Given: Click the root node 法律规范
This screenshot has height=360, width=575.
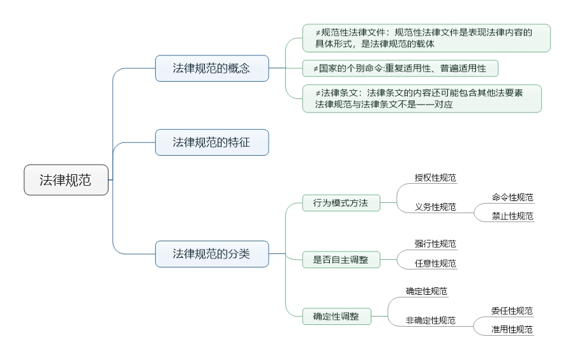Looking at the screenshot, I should (66, 180).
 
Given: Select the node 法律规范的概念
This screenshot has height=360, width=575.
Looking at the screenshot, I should (212, 68).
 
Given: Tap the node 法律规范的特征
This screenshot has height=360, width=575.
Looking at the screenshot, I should (212, 142).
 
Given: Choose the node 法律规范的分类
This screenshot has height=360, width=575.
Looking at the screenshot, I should (212, 254).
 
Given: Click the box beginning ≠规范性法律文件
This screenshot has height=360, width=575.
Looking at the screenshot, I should (426, 38).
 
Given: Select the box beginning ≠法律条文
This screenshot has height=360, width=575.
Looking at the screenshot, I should (421, 99).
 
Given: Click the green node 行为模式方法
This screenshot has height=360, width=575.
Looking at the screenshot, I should (340, 204).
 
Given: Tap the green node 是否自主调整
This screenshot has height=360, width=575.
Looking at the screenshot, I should (340, 260).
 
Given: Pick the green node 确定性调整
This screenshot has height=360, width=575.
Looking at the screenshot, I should (336, 316).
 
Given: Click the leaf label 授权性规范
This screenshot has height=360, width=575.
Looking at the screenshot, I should (435, 178).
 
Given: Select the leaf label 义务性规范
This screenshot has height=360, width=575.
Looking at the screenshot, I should (435, 207).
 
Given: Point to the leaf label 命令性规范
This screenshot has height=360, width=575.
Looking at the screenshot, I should (512, 198).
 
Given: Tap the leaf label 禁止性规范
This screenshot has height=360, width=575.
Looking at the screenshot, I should (512, 216).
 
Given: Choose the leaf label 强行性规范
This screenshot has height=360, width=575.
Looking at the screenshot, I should (435, 244).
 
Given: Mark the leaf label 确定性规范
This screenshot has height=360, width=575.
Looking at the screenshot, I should (426, 292).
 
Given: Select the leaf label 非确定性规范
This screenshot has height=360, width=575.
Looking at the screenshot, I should (431, 320).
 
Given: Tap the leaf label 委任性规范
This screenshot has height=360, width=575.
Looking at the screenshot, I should (512, 311).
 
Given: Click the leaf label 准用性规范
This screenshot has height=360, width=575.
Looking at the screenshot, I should (512, 330).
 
